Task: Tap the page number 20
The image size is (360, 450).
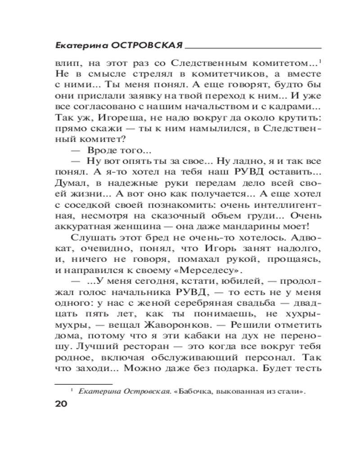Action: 61,403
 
